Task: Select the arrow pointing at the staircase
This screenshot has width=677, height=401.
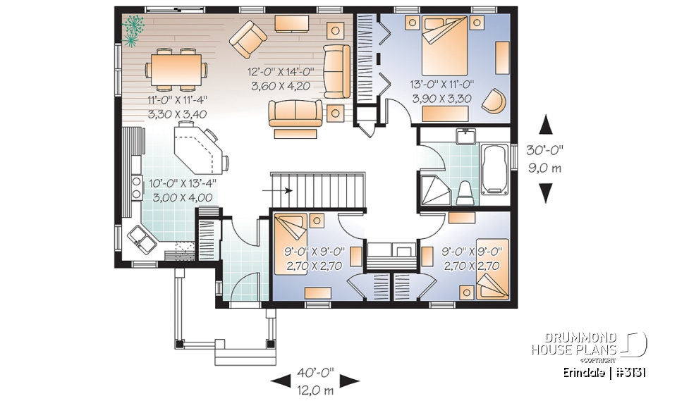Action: coord(281,190)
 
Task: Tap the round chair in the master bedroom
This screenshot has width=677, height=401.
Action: coord(495,100)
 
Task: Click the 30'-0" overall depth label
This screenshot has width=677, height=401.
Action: coord(545,150)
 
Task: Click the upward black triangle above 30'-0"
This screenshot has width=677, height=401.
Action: coord(545,125)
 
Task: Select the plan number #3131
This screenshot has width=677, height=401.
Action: coord(630,371)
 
